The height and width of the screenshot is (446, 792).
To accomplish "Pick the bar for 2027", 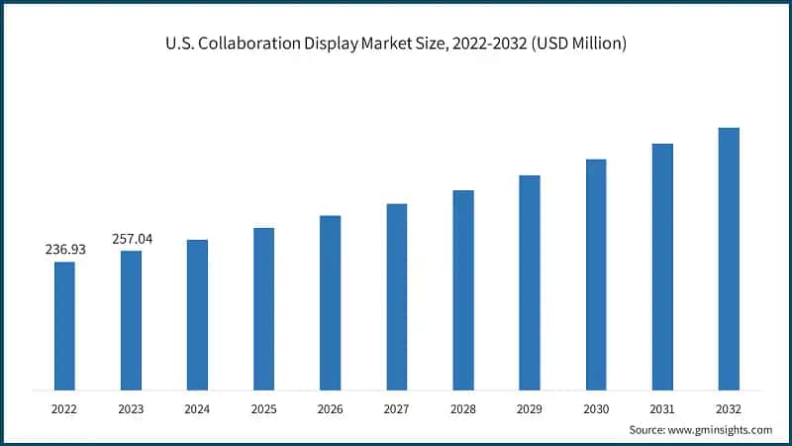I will click(x=396, y=296).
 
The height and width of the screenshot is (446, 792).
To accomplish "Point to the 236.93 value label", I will click(x=65, y=250).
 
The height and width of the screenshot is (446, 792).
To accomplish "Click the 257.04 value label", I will click(x=132, y=239).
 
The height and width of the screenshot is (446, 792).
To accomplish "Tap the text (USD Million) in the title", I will click(x=578, y=45).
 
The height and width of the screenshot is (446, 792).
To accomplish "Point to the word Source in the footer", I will click(x=648, y=429).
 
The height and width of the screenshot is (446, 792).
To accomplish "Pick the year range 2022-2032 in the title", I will click(x=486, y=45).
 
